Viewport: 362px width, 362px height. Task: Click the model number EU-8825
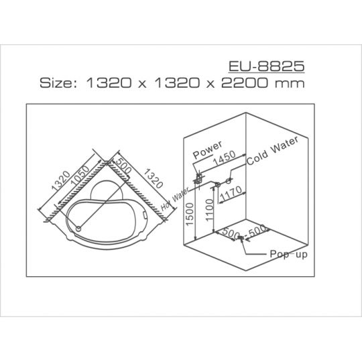pyautogui.click(x=266, y=66)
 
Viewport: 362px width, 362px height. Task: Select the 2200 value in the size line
pyautogui.click(x=244, y=83)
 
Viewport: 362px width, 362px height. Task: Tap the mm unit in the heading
pyautogui.click(x=290, y=84)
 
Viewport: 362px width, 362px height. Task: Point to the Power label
pyautogui.click(x=208, y=149)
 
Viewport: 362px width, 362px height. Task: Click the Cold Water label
pyautogui.click(x=273, y=151)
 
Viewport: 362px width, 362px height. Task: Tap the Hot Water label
pyautogui.click(x=175, y=199)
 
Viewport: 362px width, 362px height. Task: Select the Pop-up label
pyautogui.click(x=288, y=255)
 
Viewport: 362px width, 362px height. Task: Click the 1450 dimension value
pyautogui.click(x=225, y=158)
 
